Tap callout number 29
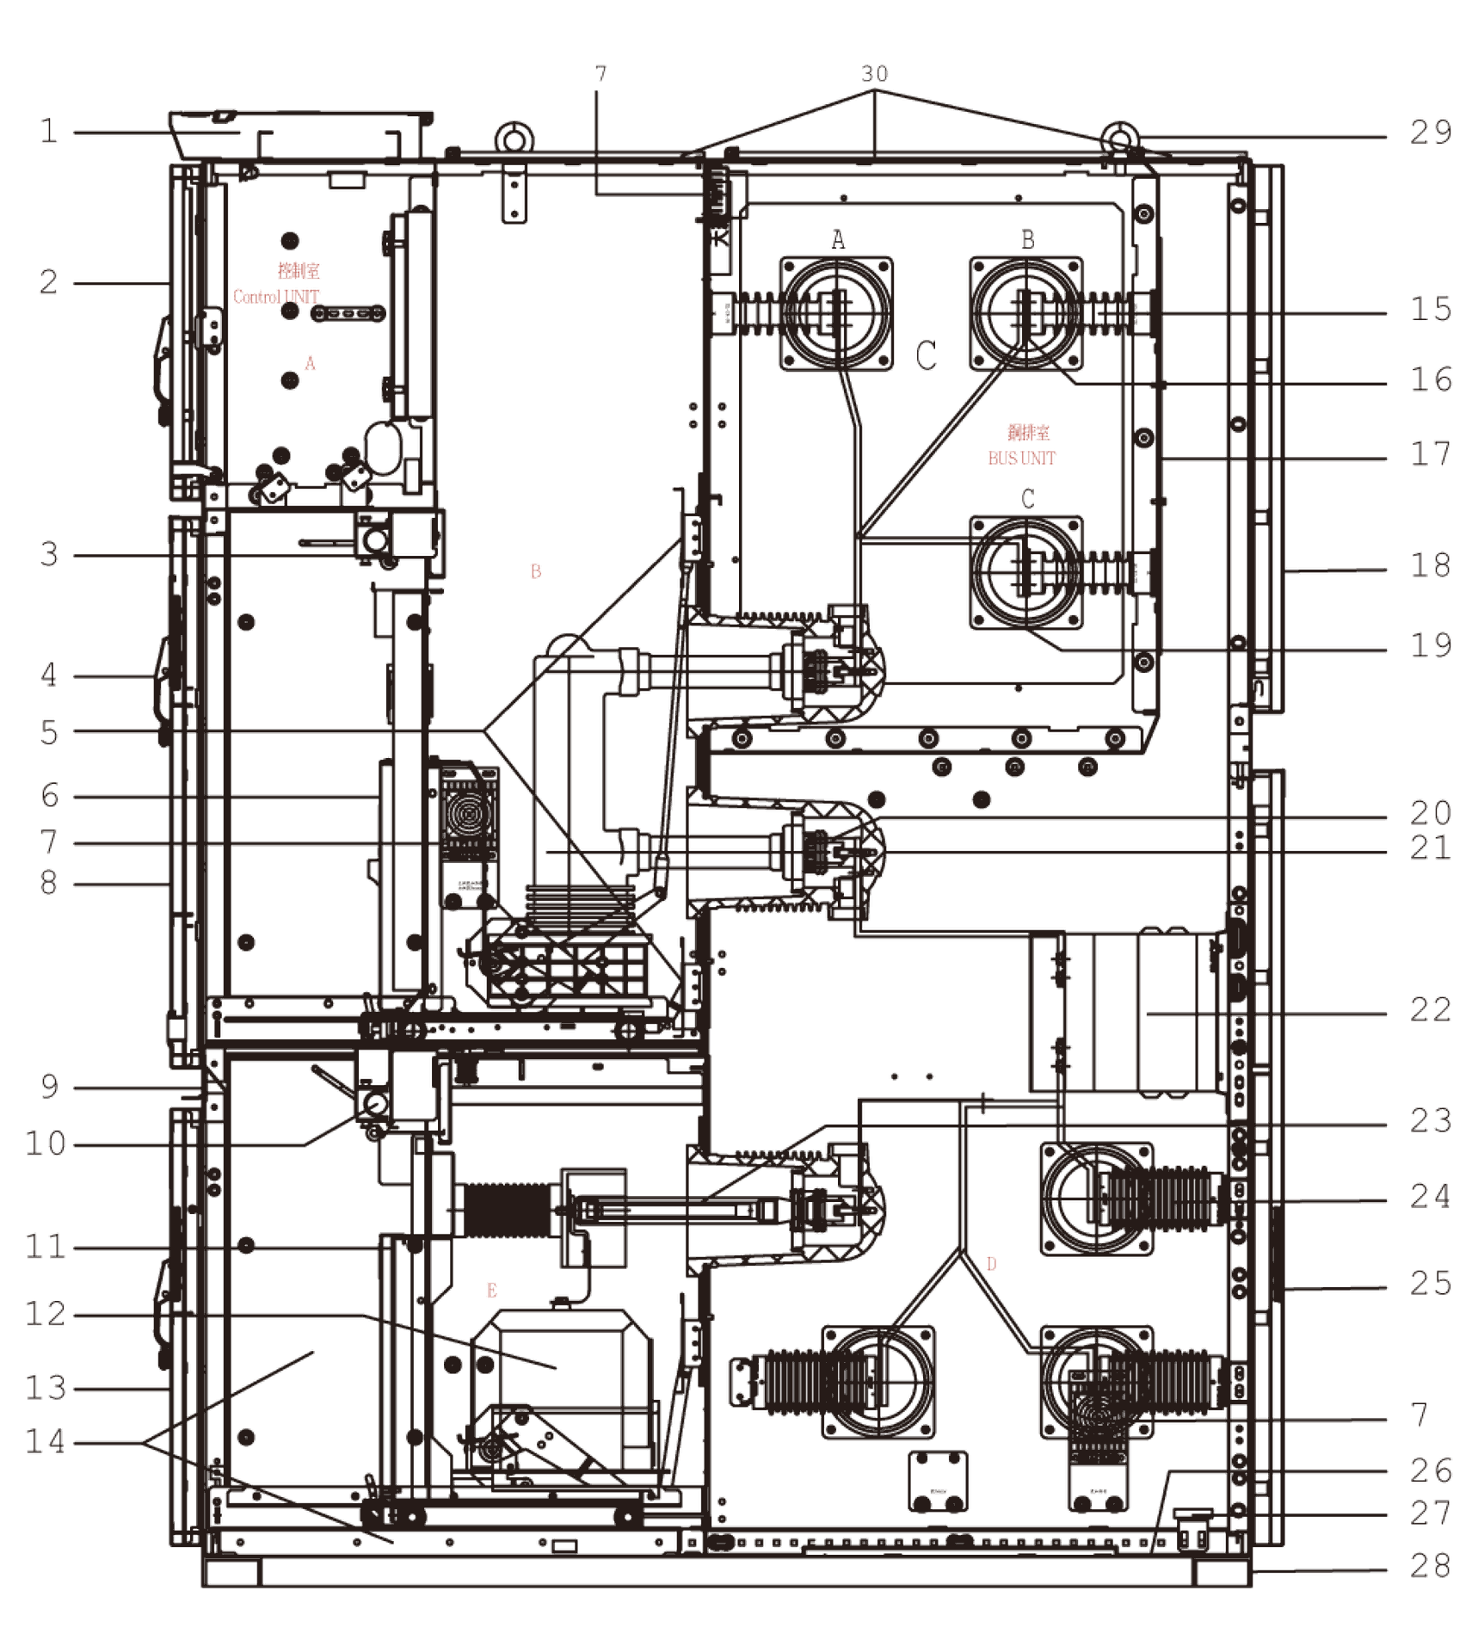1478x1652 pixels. (1430, 133)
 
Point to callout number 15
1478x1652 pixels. (1430, 309)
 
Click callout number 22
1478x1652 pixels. (1430, 1009)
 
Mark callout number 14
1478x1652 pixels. (46, 1440)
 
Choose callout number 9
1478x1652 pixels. (49, 1087)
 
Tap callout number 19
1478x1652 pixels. (1430, 644)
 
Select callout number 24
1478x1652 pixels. (1430, 1197)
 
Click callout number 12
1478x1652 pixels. (46, 1314)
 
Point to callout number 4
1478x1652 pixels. (49, 675)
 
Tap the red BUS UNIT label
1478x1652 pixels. (1021, 458)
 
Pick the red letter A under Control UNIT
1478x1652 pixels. (311, 363)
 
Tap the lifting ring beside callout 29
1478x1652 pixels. (1119, 135)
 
